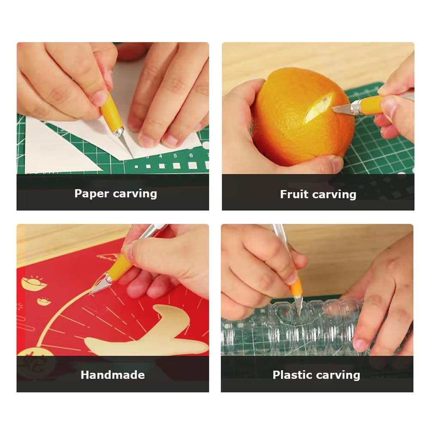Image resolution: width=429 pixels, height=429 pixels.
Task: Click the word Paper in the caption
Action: [91, 194]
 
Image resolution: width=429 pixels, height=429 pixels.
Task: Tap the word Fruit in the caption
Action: [294, 194]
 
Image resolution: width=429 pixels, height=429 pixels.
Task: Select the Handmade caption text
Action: [113, 375]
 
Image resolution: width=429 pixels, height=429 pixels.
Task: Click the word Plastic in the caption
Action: [292, 375]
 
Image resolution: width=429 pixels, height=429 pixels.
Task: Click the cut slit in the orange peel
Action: [319, 107]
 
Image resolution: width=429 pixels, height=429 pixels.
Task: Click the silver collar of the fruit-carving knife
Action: [356, 107]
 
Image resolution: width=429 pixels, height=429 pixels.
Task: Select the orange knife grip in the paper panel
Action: [110, 112]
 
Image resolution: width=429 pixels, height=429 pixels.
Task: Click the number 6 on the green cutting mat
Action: [191, 155]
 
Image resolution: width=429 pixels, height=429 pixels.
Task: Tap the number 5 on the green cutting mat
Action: [175, 156]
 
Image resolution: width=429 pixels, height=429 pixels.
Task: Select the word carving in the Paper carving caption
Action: [135, 194]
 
